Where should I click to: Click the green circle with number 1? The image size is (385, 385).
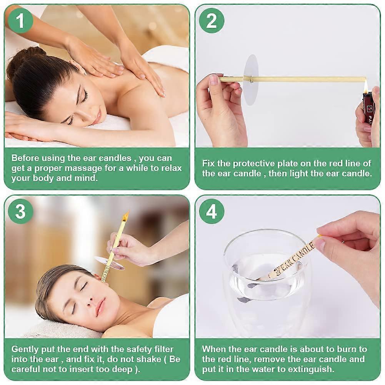[x=20, y=21]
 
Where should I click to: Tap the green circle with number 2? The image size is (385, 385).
[x=212, y=21]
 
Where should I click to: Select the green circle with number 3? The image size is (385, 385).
[x=20, y=211]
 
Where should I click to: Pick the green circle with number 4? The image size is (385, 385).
[x=212, y=211]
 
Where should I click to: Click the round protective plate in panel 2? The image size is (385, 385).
[x=251, y=80]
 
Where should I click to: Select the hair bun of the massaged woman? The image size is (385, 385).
[x=34, y=54]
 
